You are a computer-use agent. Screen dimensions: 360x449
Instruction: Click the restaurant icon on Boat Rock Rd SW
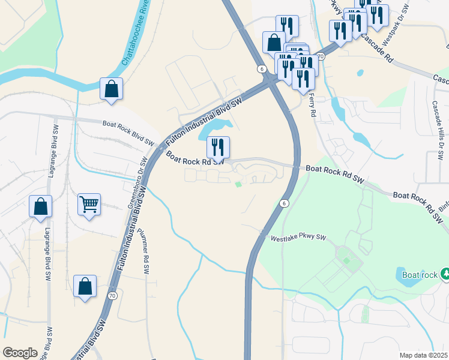(218, 147)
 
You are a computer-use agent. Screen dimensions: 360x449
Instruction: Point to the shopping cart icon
(89, 205)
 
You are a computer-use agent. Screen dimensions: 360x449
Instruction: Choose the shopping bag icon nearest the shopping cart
(40, 207)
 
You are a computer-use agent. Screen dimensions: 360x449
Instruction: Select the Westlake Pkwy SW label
(298, 238)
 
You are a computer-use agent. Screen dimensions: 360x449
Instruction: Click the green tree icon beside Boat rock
(445, 274)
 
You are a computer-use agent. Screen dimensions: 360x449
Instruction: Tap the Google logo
(20, 353)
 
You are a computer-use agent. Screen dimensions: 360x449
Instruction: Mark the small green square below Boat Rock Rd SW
(238, 184)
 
